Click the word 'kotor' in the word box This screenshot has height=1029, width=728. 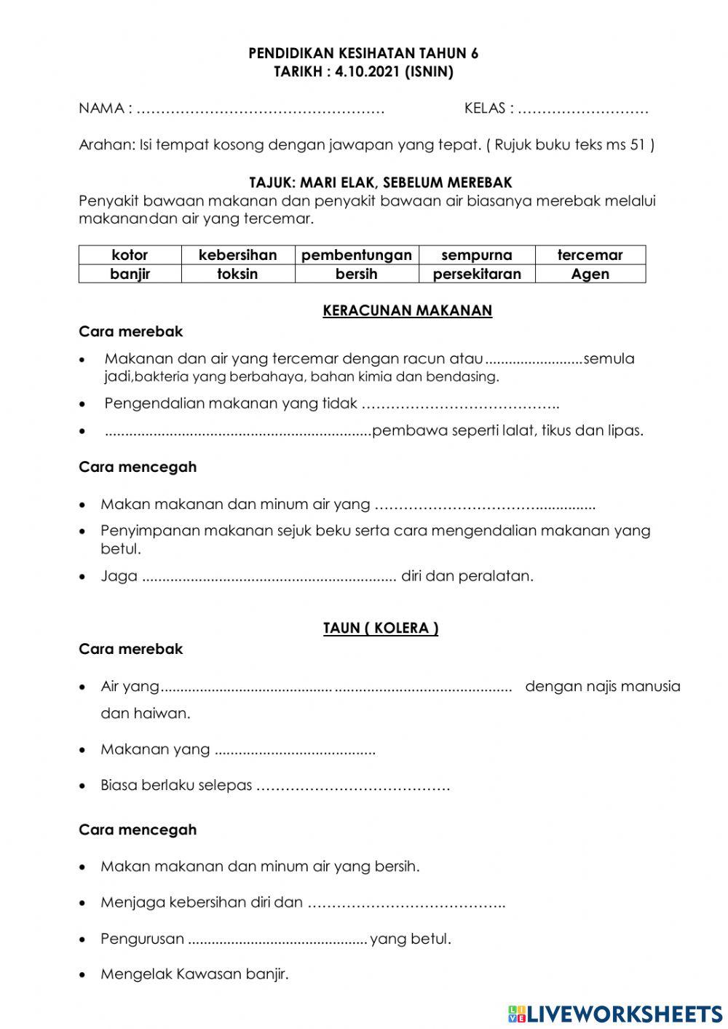(130, 255)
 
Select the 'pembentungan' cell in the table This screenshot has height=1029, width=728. (357, 255)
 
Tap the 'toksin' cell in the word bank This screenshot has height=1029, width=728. (237, 274)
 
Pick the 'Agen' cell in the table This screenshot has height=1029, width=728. (590, 274)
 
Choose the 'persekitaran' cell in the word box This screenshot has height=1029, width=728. (477, 274)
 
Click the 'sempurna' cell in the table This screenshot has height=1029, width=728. (477, 255)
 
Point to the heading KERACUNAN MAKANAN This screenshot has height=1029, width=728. (408, 310)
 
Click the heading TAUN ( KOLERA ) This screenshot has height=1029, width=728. (381, 628)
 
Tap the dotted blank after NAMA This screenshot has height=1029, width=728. (261, 110)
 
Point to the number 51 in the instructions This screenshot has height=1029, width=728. (638, 145)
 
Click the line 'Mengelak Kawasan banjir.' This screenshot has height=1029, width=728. (194, 974)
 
